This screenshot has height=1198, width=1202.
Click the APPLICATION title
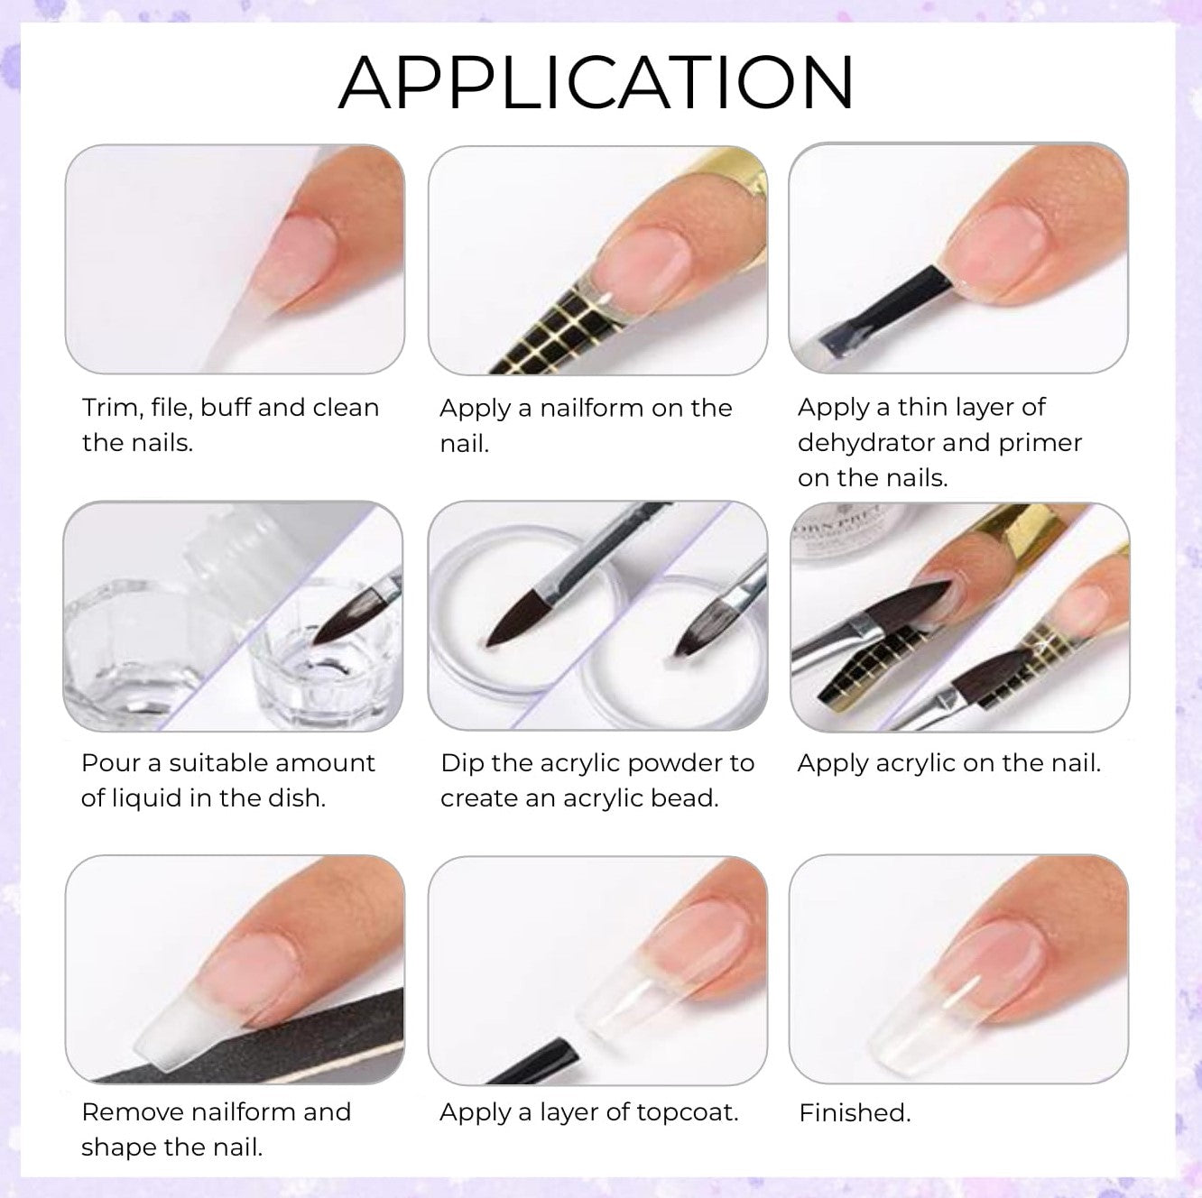tap(596, 83)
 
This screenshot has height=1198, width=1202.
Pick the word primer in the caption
tap(1040, 444)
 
